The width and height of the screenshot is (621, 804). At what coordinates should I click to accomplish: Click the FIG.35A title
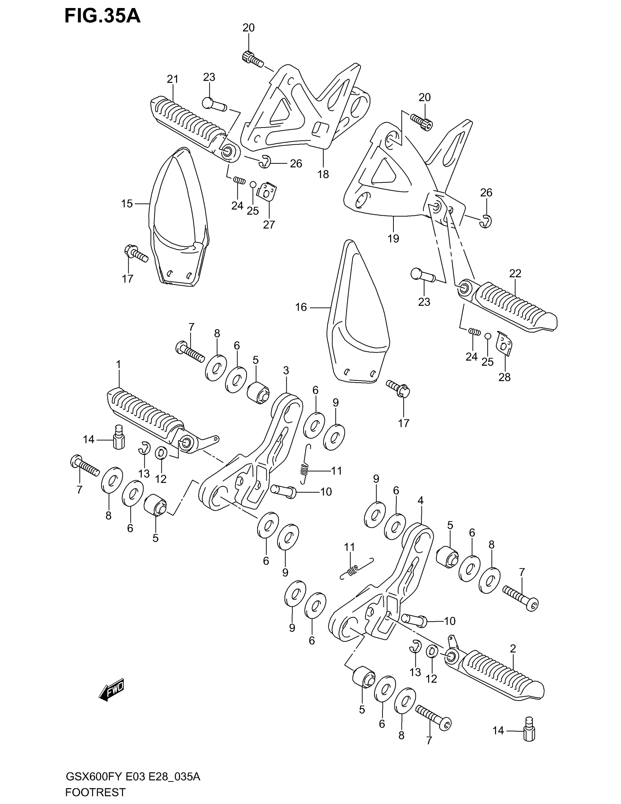tap(102, 16)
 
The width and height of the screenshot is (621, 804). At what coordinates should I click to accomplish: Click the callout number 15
tap(127, 204)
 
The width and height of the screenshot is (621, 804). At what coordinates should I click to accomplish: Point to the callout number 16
tap(301, 307)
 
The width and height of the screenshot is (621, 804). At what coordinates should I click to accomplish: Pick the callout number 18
tap(323, 174)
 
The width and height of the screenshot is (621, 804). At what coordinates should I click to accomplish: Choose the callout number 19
tap(393, 239)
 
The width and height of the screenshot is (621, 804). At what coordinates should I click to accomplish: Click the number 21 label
tap(172, 79)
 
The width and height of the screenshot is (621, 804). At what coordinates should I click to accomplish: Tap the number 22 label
tap(515, 273)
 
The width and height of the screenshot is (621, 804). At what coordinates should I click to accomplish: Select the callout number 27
tap(268, 224)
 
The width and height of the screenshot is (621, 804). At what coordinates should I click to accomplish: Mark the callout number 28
tap(504, 377)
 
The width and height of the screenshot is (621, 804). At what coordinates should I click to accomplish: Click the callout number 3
tap(286, 370)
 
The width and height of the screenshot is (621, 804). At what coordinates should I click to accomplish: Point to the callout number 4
tap(420, 500)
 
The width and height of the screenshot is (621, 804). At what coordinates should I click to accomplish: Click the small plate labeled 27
tap(268, 191)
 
